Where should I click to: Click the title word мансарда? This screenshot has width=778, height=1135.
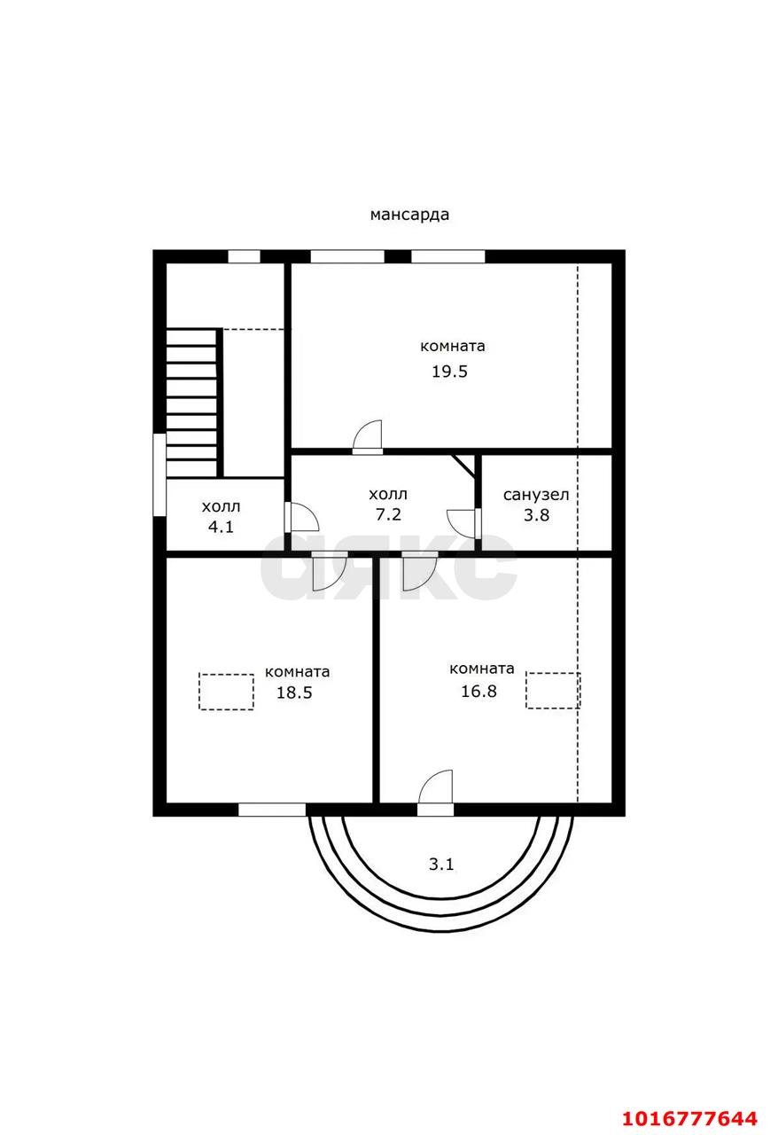click(409, 215)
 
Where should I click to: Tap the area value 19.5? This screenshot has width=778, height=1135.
click(449, 372)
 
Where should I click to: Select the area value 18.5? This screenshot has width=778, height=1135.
click(294, 693)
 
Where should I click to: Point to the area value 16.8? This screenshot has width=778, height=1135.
click(478, 691)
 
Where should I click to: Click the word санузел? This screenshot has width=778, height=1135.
click(536, 495)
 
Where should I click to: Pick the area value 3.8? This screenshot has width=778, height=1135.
click(536, 515)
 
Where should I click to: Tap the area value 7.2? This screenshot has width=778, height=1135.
click(388, 514)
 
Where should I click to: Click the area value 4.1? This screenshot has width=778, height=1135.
click(221, 527)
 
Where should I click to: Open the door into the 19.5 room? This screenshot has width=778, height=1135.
click(367, 437)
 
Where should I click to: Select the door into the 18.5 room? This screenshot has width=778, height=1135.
click(330, 571)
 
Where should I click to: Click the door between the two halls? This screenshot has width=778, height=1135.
click(302, 517)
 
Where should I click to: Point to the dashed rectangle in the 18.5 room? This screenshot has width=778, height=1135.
click(226, 692)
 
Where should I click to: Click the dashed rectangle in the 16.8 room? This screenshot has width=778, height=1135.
click(553, 690)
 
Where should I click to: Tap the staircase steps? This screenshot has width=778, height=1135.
click(192, 403)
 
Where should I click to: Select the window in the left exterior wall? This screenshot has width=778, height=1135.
click(159, 474)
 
